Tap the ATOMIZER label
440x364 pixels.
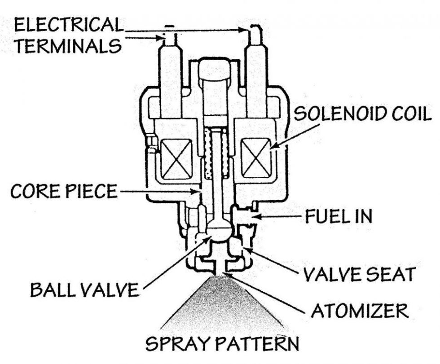pos(354,309)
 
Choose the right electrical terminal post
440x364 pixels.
pos(253,43)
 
